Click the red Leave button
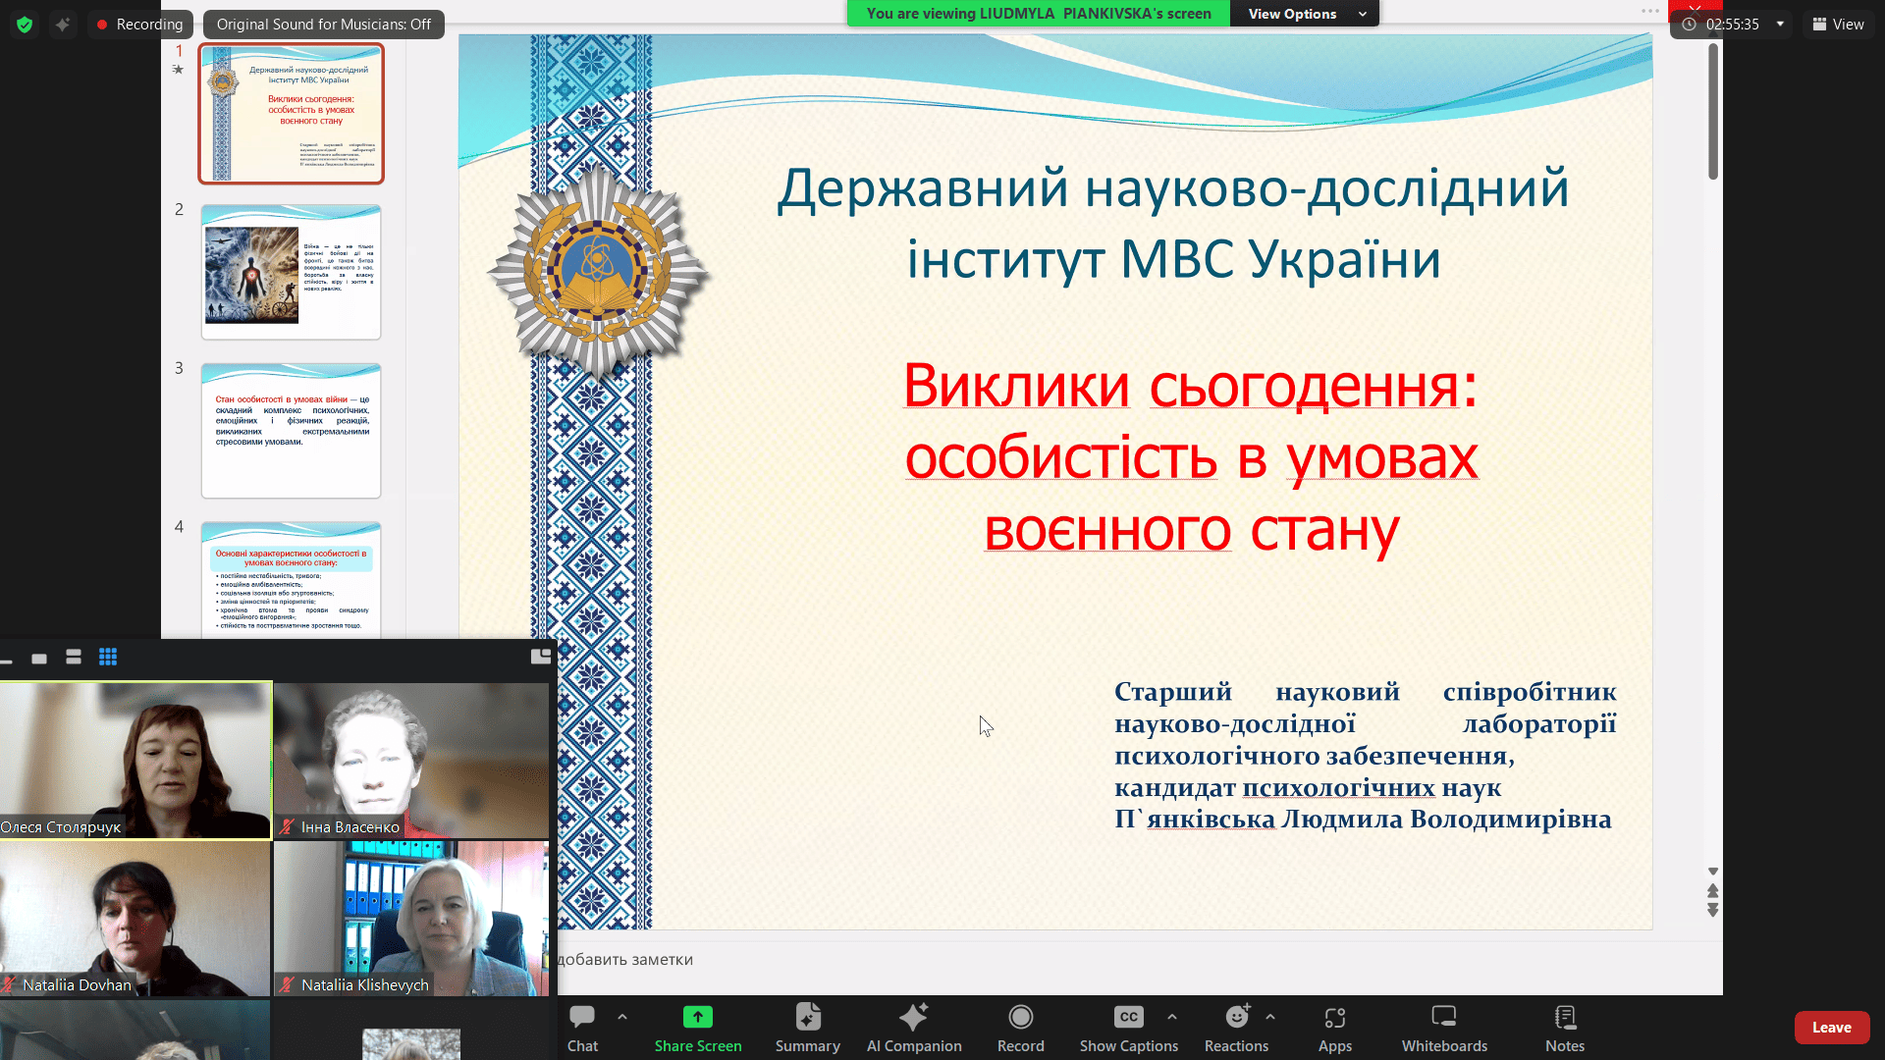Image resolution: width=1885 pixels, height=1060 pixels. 1831,1028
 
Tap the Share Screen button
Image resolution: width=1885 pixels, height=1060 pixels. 697,1028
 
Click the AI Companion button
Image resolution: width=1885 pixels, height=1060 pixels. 913,1028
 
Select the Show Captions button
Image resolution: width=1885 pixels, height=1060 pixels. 1128,1028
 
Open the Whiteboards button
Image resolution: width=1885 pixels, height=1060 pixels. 1443,1028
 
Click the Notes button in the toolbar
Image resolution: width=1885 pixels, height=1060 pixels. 1565,1028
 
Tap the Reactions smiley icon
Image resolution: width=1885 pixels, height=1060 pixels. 1236,1018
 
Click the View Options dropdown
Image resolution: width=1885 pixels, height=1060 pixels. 1306,14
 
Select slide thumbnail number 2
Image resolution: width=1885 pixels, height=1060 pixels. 291,272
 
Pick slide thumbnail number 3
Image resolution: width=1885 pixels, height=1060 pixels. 291,430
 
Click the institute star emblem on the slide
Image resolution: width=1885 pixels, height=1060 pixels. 597,270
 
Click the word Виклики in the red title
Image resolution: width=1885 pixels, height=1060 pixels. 1016,386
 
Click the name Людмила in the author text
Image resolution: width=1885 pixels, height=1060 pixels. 1341,820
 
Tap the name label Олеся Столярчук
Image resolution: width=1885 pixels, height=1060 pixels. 61,827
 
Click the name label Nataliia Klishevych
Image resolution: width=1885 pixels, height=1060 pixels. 364,985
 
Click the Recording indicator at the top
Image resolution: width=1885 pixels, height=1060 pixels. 139,25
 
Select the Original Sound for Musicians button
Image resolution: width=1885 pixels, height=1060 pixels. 323,25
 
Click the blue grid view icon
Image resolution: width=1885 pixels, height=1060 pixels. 108,658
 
